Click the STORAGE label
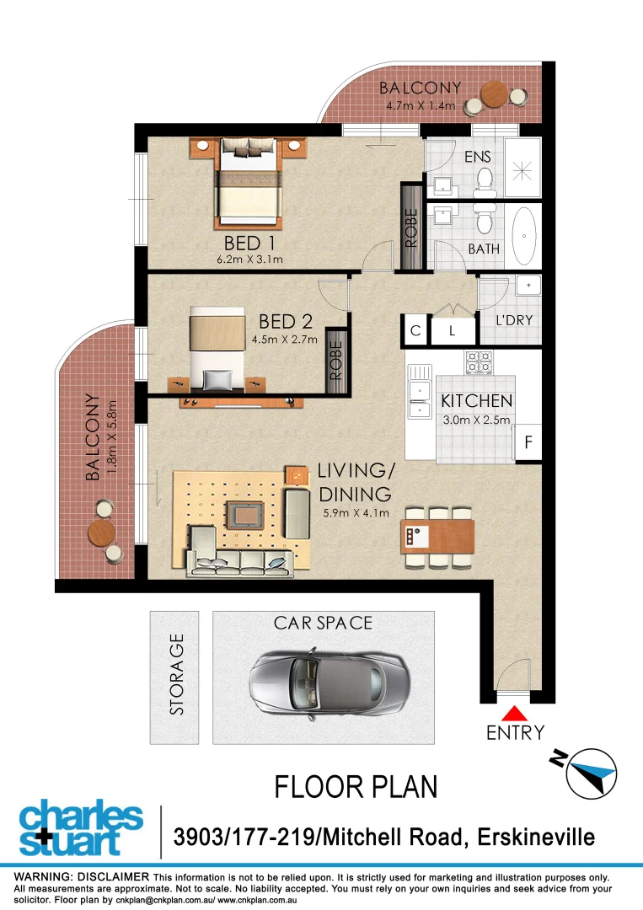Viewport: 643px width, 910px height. (176, 675)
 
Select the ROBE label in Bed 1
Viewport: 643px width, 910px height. (411, 227)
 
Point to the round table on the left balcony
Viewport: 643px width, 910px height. (102, 532)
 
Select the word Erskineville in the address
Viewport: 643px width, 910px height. (536, 838)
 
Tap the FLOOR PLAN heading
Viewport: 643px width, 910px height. (356, 787)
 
